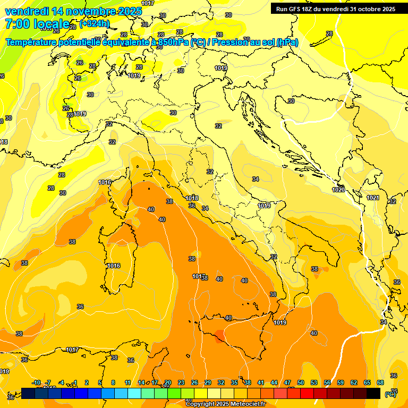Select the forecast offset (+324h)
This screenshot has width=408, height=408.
[x=95, y=24]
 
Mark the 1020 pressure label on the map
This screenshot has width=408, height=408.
[x=338, y=190]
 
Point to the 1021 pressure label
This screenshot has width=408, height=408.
[x=373, y=198]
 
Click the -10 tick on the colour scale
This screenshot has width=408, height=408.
[x=36, y=382]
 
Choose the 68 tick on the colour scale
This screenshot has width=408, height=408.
[x=380, y=382]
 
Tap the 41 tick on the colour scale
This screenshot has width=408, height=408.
[x=261, y=382]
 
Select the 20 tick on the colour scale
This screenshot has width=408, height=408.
[x=168, y=382]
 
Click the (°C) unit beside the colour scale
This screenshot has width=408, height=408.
[x=390, y=394]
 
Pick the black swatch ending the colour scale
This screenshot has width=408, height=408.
[x=373, y=393]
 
